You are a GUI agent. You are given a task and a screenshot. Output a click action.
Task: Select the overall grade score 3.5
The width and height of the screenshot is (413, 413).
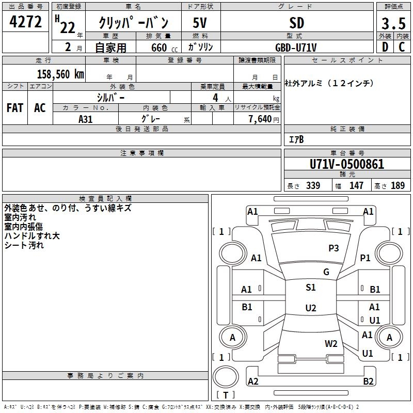coord(392,24)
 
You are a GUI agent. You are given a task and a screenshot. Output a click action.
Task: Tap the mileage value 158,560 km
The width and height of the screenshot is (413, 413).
coord(60,74)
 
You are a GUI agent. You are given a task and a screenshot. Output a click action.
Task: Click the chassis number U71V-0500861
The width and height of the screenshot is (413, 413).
coord(347,164)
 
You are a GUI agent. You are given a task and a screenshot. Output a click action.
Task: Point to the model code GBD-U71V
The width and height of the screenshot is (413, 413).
coord(296,47)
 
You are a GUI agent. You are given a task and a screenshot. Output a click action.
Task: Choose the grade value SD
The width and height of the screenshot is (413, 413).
coord(296,23)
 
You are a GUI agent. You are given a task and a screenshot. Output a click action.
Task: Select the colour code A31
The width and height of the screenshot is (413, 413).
coord(86,119)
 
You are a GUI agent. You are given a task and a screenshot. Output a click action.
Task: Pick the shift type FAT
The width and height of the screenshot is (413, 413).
coord(15,108)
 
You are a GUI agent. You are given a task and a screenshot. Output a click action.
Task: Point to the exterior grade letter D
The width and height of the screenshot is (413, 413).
coord(385,47)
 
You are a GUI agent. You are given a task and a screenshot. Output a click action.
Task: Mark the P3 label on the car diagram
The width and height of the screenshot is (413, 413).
coord(333,248)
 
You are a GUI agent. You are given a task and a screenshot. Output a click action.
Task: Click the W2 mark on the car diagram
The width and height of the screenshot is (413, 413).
coord(331,343)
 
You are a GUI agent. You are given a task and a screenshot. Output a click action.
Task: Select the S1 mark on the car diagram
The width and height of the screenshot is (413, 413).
coord(310,288)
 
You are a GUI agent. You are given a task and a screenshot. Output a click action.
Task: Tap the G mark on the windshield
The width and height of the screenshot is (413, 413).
coord(326,272)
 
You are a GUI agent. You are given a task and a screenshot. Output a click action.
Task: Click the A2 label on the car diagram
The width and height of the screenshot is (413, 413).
coord(253,382)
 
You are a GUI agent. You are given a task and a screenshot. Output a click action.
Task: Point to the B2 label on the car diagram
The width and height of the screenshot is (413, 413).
coord(368,382)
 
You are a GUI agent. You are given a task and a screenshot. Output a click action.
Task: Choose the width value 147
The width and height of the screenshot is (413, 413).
coord(356,186)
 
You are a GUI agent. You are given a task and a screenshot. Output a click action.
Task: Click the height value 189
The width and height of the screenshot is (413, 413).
coord(398,186)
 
